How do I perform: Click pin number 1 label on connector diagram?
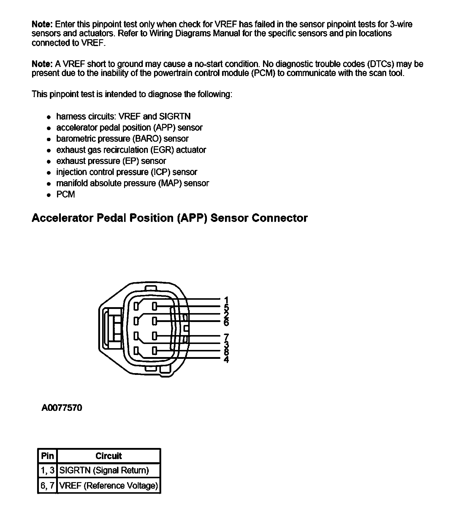(226, 300)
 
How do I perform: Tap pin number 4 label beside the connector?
(226, 360)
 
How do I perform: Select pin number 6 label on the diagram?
(226, 322)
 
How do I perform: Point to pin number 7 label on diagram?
(226, 337)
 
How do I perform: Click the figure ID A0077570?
(62, 408)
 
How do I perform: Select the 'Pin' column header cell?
(47, 456)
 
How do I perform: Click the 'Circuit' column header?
(109, 456)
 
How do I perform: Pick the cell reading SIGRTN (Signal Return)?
(104, 470)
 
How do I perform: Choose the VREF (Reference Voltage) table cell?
(109, 486)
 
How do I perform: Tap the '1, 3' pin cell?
(47, 470)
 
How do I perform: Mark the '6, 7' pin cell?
(47, 486)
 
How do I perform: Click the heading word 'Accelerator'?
(62, 218)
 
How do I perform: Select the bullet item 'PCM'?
(66, 195)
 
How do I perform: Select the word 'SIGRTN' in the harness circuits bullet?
(173, 116)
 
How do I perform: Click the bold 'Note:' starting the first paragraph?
(42, 24)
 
